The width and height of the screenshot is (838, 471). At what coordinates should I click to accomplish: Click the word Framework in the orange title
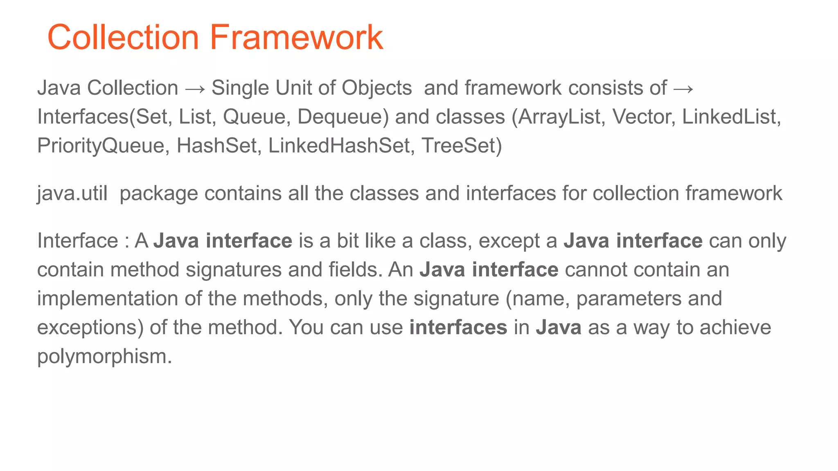pos(297,38)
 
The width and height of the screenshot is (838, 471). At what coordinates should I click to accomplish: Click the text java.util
pos(72,193)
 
